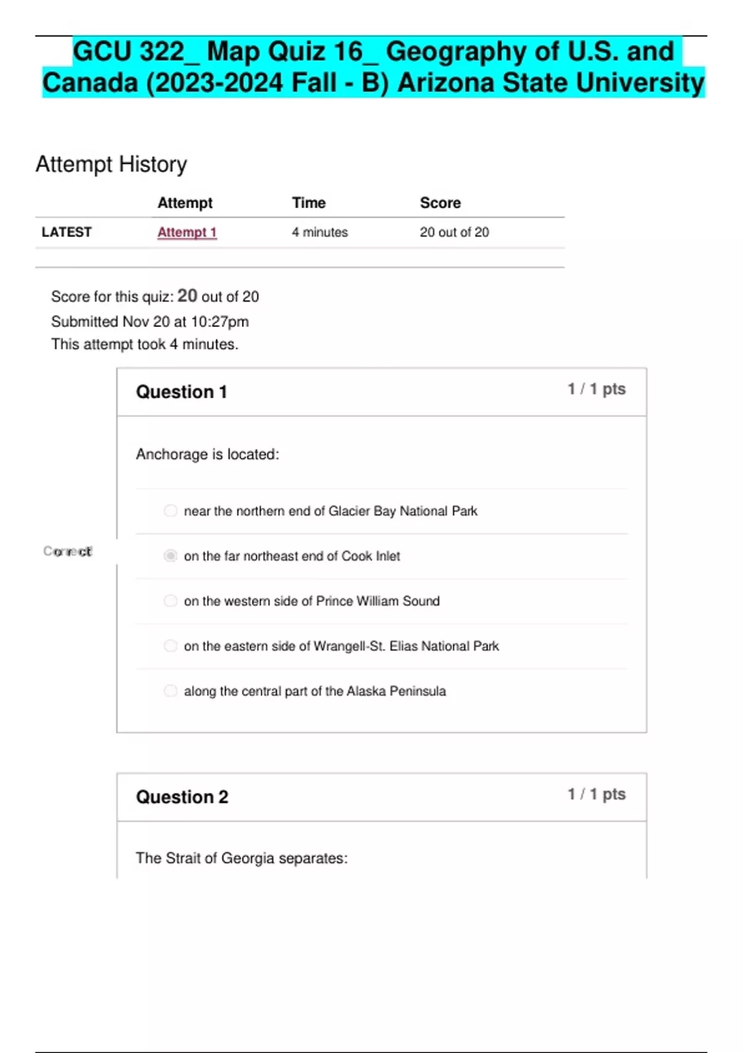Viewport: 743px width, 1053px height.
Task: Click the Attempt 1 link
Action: pyautogui.click(x=187, y=232)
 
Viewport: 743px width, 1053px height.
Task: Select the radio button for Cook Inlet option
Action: pyautogui.click(x=170, y=556)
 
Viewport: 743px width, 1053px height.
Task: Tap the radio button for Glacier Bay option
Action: pyautogui.click(x=170, y=510)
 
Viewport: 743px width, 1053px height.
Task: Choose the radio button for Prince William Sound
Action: pyautogui.click(x=170, y=601)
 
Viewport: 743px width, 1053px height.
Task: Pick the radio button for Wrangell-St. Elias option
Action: pyautogui.click(x=170, y=646)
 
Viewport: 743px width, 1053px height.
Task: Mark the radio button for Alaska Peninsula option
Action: pyautogui.click(x=170, y=691)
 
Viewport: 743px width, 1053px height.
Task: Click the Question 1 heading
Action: pyautogui.click(x=181, y=392)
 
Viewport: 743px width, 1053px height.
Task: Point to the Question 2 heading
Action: pyautogui.click(x=182, y=797)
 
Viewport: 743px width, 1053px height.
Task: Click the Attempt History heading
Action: pyautogui.click(x=111, y=165)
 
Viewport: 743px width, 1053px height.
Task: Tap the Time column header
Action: pyautogui.click(x=308, y=203)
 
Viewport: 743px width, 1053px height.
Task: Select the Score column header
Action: pyautogui.click(x=440, y=203)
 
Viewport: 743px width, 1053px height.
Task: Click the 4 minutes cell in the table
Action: pyautogui.click(x=319, y=232)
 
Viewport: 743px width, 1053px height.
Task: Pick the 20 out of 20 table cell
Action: pyautogui.click(x=454, y=232)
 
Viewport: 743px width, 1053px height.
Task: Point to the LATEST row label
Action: pyautogui.click(x=66, y=232)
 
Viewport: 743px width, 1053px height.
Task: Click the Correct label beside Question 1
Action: pyautogui.click(x=67, y=551)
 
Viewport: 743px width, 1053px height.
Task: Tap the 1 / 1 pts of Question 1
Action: pyautogui.click(x=596, y=389)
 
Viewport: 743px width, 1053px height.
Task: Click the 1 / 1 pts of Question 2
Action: pyautogui.click(x=596, y=794)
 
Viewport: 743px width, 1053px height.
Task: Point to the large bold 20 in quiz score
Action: pyautogui.click(x=187, y=296)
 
